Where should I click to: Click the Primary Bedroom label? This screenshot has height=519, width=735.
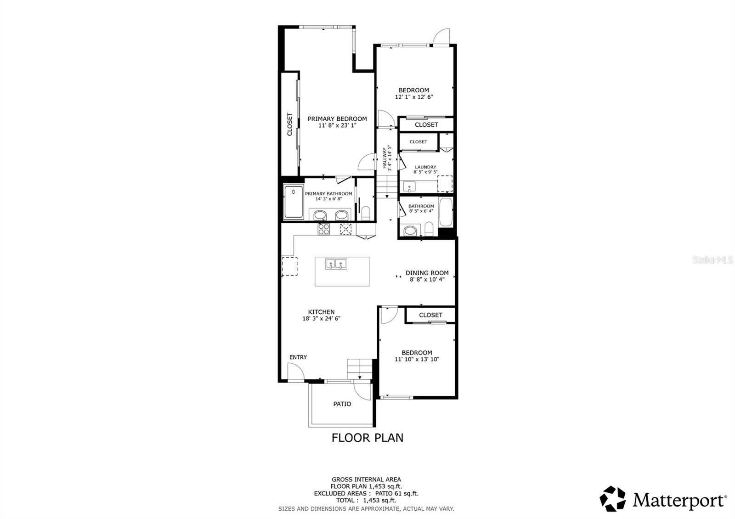(337, 119)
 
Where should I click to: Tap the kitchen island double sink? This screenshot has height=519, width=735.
(336, 264)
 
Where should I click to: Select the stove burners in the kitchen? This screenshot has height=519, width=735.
(323, 229)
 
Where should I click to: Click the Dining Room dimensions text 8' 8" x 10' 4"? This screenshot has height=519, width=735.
(427, 279)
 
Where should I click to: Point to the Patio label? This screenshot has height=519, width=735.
(342, 404)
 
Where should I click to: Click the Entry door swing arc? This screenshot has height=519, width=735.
(296, 371)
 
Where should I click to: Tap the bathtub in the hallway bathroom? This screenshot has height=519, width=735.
(446, 212)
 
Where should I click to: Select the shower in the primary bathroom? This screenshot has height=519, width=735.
(293, 202)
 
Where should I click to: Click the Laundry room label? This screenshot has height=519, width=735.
(425, 167)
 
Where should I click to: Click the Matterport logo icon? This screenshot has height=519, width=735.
(613, 499)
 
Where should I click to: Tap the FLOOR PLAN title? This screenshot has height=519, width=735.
(367, 438)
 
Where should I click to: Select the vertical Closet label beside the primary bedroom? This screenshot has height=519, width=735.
(290, 124)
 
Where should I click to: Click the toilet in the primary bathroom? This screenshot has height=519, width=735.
(366, 213)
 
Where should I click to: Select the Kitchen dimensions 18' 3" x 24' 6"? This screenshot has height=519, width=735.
(321, 318)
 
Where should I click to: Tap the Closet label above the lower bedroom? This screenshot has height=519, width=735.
(430, 315)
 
